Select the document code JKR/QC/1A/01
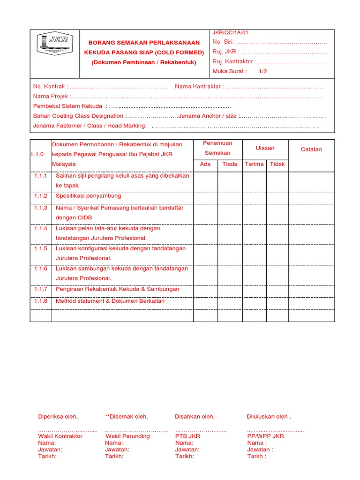pos(230,33)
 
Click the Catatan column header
pos(311,150)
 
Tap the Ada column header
pos(205,164)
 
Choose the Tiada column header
pos(230,164)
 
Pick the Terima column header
pos(254,164)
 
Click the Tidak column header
pos(277,164)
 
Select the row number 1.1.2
pos(41,196)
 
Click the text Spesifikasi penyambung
pos(88,196)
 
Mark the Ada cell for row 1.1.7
pos(205,290)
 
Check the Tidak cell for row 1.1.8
pos(277,301)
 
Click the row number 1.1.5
pos(41,248)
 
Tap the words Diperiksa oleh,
pos(58,416)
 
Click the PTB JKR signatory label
pos(187,436)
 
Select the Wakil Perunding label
pos(127,436)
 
